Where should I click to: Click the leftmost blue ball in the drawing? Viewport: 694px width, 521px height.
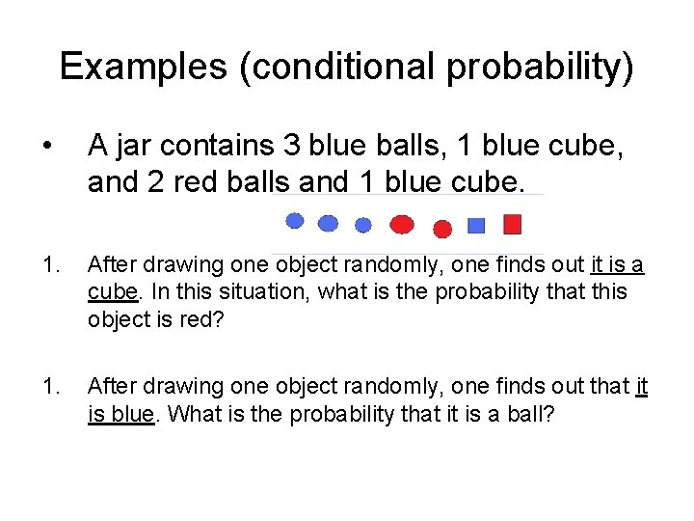(x=296, y=221)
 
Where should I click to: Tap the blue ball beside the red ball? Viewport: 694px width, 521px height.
(x=363, y=226)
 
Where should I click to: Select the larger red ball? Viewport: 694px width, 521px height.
(x=402, y=225)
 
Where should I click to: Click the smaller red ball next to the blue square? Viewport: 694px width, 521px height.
(x=442, y=229)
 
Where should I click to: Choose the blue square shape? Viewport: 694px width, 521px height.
(x=475, y=226)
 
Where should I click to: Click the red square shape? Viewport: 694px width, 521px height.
(x=513, y=225)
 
